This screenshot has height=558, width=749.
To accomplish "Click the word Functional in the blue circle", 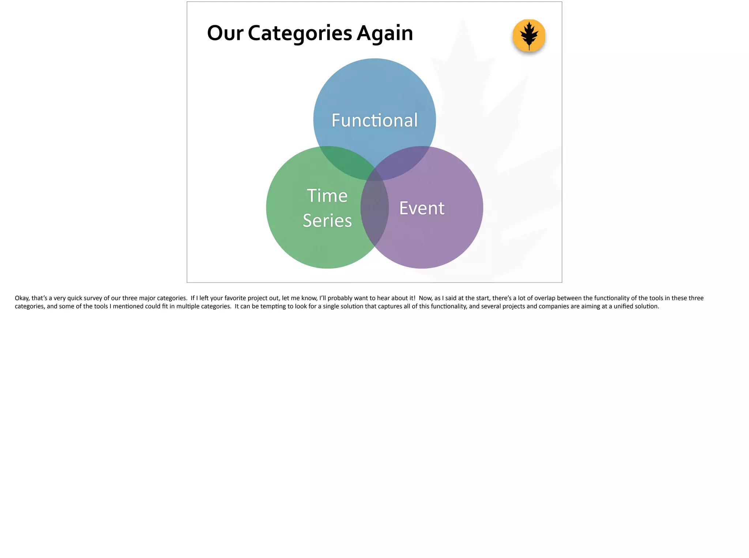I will click(374, 120).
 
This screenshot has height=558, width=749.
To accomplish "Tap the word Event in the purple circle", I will click(422, 208).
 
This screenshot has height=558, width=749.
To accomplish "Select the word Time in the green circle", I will click(327, 196).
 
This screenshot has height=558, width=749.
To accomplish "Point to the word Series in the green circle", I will click(327, 221).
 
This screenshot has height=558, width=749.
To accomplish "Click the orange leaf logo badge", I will click(529, 35).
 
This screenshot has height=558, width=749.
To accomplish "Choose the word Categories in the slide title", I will click(300, 33).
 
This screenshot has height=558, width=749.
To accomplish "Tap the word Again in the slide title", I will click(385, 33).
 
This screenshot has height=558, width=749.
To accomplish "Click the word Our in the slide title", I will click(225, 33).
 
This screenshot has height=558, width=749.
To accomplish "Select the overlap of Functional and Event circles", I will click(402, 161).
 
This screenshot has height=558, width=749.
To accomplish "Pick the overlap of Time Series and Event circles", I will click(374, 208).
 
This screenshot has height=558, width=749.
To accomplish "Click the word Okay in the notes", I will click(22, 298).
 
